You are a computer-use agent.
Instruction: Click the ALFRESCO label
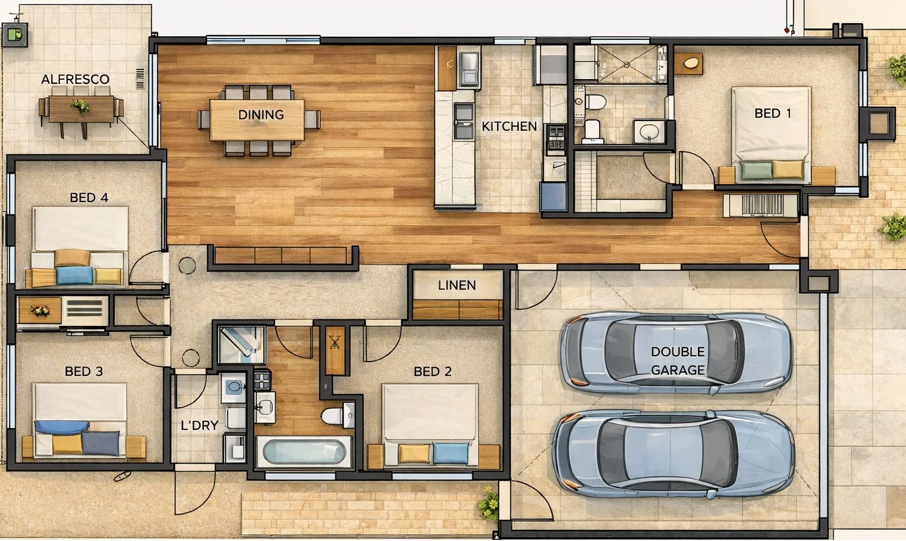tap(75, 79)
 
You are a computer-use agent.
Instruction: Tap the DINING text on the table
tap(261, 115)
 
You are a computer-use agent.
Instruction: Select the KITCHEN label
tap(509, 127)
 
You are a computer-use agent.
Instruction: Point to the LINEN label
tap(457, 285)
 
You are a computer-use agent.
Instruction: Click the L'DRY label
tap(199, 425)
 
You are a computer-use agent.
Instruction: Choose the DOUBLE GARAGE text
tap(678, 361)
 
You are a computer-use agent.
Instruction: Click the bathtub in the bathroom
tap(304, 452)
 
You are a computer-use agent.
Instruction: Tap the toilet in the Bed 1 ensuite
tap(594, 102)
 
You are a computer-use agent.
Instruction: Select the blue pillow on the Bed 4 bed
tap(74, 275)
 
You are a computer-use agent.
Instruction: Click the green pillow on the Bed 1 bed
tap(756, 170)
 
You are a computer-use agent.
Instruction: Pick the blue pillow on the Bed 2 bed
tap(451, 453)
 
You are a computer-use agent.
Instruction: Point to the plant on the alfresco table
tap(80, 106)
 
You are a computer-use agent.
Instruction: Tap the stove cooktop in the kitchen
tap(555, 140)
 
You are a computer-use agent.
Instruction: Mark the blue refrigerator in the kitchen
tap(553, 197)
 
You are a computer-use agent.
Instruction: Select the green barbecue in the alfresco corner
tap(15, 34)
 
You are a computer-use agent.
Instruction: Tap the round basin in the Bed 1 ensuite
tap(649, 131)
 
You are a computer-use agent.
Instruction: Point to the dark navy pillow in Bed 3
tap(101, 443)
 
